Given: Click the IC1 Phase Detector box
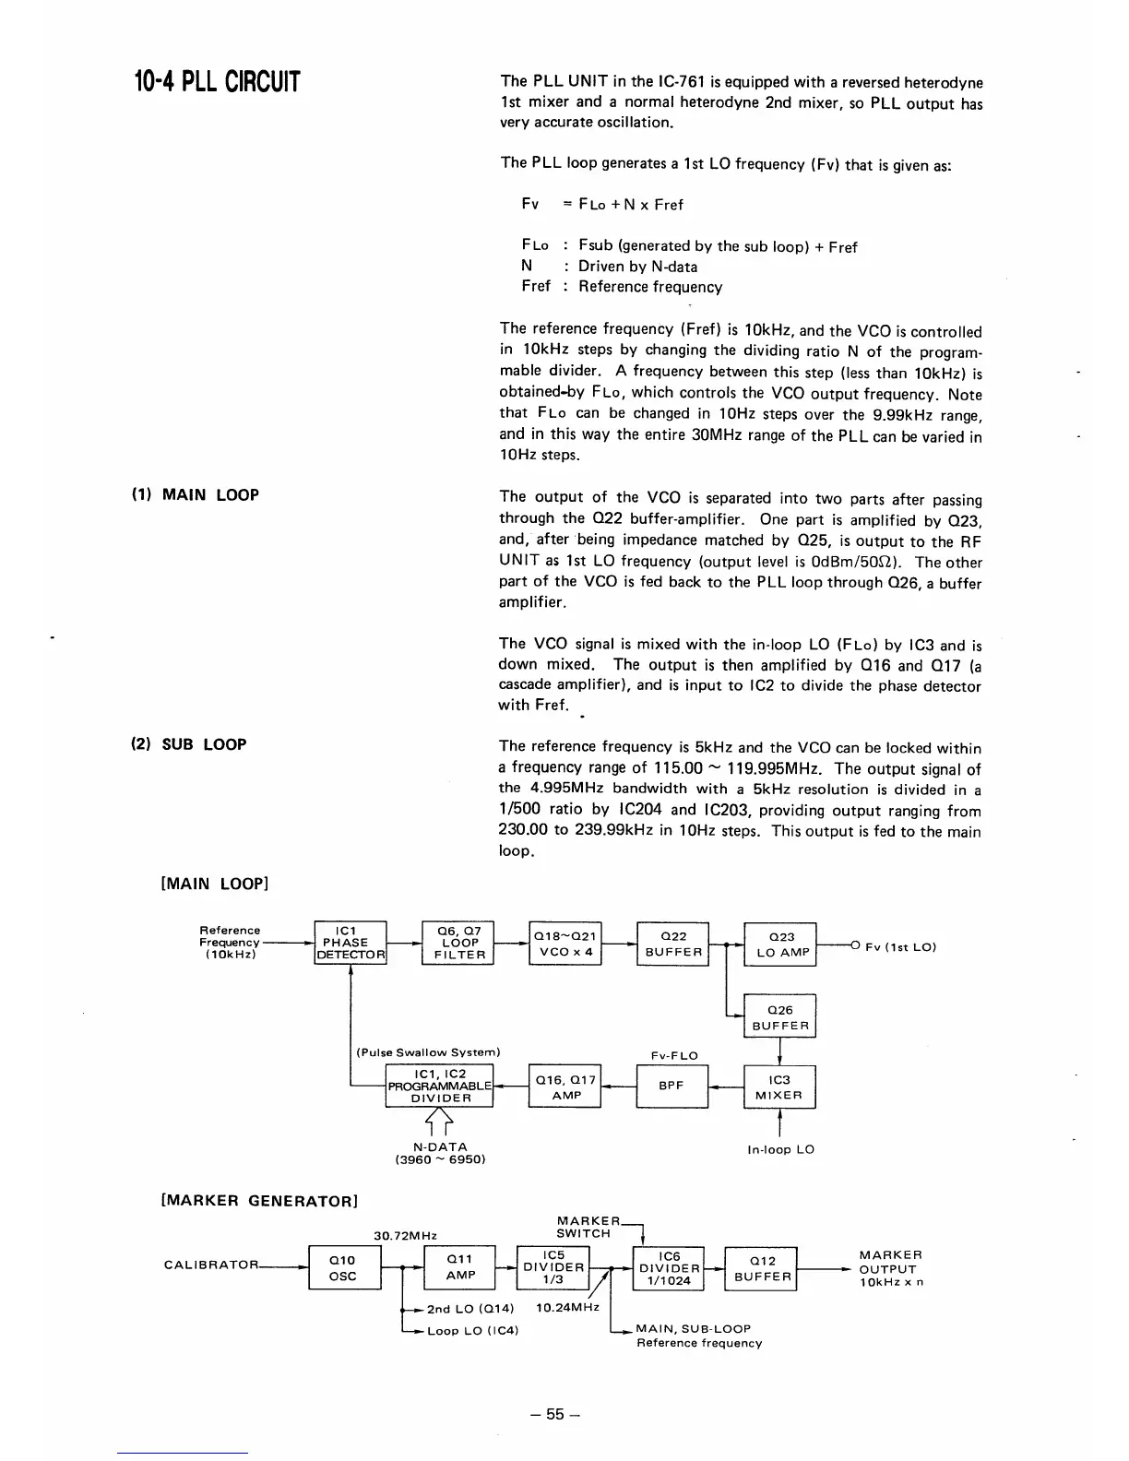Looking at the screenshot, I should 350,943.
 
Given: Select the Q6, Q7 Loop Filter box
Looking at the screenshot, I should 458,943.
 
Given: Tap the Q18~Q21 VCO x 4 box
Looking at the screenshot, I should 565,944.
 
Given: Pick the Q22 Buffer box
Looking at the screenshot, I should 672,944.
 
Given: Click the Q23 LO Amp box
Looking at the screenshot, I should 780,944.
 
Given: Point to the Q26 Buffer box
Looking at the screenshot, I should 780,1017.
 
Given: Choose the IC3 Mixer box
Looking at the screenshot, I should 780,1087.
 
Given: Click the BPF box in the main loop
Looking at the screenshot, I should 672,1086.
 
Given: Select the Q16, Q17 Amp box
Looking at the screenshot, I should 565,1087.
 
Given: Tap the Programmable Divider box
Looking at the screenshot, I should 441,1086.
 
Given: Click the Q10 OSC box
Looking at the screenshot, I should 343,1268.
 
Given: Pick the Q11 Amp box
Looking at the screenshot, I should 460,1266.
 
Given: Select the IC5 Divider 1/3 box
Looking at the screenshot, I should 554,1266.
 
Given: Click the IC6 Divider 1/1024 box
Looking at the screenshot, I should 669,1268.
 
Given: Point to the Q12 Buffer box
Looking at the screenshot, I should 762,1268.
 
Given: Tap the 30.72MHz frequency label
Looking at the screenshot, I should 405,1235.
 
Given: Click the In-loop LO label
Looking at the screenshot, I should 780,1149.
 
